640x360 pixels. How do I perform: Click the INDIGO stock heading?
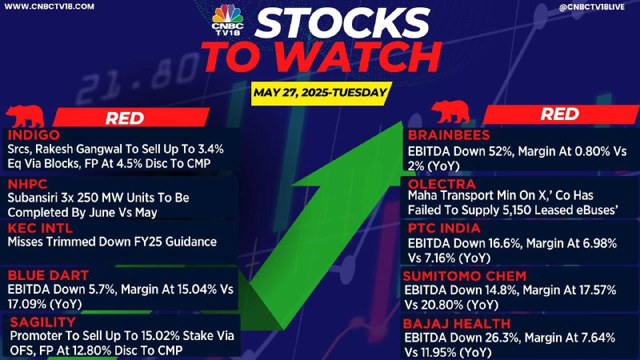pos(34,134)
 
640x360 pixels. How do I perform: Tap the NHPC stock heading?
pos(27,184)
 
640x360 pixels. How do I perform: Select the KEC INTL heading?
pos(40,228)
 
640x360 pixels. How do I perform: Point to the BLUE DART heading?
pos(48,275)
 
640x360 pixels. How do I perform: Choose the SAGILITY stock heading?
pos(43,322)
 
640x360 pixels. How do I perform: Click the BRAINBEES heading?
pos(449,134)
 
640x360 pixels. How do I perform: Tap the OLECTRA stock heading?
pos(442,184)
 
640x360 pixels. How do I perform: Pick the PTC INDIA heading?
pos(444,228)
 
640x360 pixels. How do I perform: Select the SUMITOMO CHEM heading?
pos(465,276)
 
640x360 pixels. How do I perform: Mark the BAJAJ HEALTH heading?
pos(456,324)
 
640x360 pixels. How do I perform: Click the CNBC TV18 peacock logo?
pos(227,19)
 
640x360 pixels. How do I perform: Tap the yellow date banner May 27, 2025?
pos(321,93)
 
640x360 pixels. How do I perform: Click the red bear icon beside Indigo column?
pos(26,116)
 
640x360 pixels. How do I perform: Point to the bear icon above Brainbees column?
pos(450,112)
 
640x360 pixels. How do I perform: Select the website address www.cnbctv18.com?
pos(49,6)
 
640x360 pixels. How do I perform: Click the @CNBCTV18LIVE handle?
pos(591,6)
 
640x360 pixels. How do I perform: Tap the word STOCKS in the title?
pos(342,22)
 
